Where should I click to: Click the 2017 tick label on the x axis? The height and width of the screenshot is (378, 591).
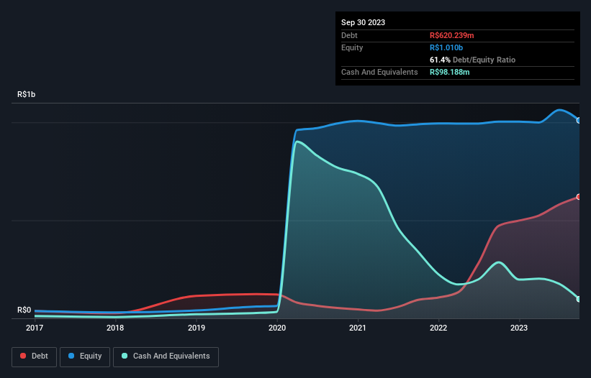[x=34, y=328]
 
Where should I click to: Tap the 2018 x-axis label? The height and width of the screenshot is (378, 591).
[x=115, y=328]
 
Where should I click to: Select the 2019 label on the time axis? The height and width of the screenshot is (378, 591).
[x=197, y=328]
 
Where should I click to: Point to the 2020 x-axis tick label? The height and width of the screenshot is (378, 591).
[x=277, y=328]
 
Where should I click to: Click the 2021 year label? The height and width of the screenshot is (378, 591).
[x=358, y=328]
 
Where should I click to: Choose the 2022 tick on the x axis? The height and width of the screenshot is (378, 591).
[x=439, y=328]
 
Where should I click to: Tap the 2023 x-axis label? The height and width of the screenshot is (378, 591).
[x=520, y=328]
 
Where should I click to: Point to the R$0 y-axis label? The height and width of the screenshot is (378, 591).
[x=24, y=310]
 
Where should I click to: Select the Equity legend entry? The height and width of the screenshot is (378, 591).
[x=85, y=356]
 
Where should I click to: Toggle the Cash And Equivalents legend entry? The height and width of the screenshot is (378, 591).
[x=166, y=356]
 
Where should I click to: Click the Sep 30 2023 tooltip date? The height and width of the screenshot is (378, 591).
[x=363, y=22]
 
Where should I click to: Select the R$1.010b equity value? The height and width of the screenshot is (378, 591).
[x=446, y=47]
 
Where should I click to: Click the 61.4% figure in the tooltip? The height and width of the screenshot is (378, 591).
[x=440, y=60]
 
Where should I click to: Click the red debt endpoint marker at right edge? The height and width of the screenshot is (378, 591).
[x=579, y=197]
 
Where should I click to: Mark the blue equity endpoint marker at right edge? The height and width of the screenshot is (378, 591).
[x=579, y=120]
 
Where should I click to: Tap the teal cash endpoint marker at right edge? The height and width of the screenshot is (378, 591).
[x=579, y=299]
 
